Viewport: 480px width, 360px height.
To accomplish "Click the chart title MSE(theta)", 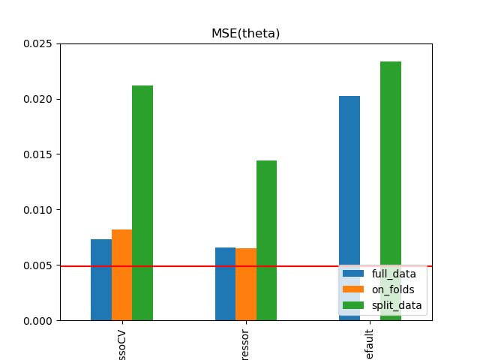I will point(245,34).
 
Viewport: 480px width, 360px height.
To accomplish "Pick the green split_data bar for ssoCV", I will point(142,202).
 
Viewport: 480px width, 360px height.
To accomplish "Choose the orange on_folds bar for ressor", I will point(246,284).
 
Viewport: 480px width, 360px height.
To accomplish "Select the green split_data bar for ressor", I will point(266,240).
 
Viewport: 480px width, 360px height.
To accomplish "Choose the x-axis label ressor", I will point(246,343).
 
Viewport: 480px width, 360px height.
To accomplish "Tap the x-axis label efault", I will point(370,342).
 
